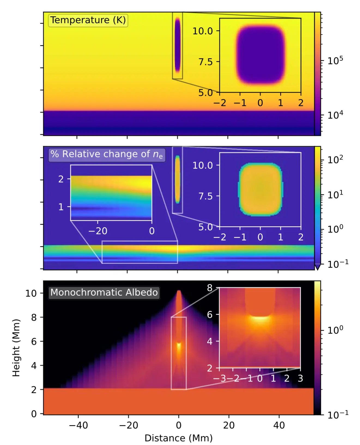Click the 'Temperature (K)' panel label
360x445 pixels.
click(88, 20)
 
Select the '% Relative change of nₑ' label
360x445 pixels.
click(107, 154)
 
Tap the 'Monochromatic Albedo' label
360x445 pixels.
click(104, 292)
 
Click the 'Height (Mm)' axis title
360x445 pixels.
click(16, 348)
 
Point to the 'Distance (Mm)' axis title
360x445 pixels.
click(179, 438)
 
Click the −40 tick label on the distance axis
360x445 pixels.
click(78, 425)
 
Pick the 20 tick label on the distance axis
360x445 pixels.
click(229, 425)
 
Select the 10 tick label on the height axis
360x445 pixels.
click(31, 293)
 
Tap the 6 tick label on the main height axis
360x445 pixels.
click(34, 342)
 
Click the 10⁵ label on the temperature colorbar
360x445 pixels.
click(335, 60)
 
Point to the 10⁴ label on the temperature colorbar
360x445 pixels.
click(335, 115)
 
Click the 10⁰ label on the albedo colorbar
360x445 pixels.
click(335, 330)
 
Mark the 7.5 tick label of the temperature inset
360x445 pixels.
click(205, 62)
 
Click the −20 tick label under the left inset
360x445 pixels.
click(98, 231)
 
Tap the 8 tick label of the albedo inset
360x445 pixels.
click(210, 288)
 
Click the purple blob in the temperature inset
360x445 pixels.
click(261, 54)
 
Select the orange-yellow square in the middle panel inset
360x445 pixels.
click(261, 189)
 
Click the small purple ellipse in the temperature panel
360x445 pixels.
click(177, 45)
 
